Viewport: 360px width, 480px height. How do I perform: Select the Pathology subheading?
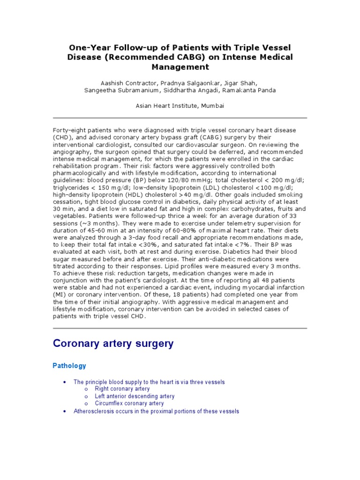[x=69, y=366]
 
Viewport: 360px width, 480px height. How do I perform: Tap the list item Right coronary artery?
[x=122, y=389]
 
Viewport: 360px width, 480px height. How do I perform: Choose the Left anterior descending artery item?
[x=135, y=396]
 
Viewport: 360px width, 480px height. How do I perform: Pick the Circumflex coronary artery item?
[x=129, y=403]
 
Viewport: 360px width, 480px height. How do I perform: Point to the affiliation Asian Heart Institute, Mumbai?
[x=180, y=106]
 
